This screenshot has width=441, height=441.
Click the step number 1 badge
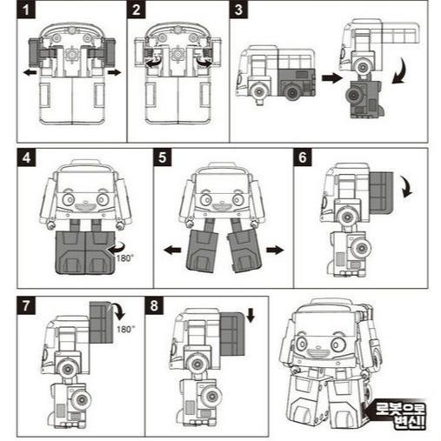click(26, 10)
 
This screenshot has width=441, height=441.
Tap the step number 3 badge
click(238, 10)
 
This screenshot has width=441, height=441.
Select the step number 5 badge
click(163, 157)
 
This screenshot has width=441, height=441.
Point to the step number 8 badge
click(154, 305)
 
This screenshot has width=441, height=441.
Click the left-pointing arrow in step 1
click(30, 72)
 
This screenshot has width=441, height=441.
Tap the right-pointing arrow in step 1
click(114, 72)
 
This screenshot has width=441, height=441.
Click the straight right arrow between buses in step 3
click(331, 77)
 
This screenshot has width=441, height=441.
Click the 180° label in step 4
click(125, 257)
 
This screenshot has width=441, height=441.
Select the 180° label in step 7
click(125, 329)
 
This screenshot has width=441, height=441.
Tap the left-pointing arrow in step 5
click(172, 250)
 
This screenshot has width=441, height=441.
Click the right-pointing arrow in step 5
click(275, 250)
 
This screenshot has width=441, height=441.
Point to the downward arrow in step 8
click(251, 315)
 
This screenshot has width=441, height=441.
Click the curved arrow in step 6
click(408, 186)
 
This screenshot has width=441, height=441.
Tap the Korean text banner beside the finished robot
click(397, 414)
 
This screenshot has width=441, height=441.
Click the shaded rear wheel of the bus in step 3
click(292, 92)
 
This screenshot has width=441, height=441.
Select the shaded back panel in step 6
click(382, 191)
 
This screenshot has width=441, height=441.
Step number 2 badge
click(137, 10)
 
